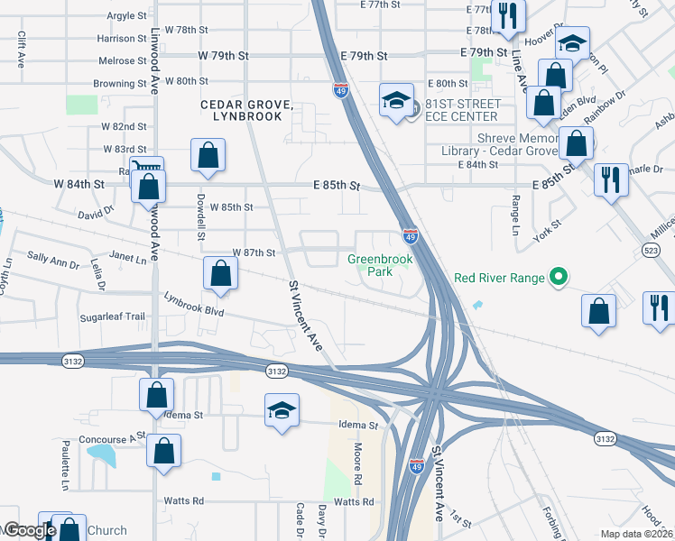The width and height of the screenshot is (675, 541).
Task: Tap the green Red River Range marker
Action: [x=559, y=278]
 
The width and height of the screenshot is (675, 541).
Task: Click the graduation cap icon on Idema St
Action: [x=282, y=411]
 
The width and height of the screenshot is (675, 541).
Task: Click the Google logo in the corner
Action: [x=29, y=530]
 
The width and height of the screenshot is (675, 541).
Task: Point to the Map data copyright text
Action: [x=636, y=534]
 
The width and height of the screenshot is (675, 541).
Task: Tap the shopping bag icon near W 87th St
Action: [x=220, y=275]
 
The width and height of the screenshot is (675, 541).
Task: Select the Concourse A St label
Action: [x=112, y=436]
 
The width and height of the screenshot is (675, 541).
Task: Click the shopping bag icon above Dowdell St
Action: [x=208, y=154]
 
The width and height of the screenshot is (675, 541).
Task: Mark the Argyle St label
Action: [x=125, y=16]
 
